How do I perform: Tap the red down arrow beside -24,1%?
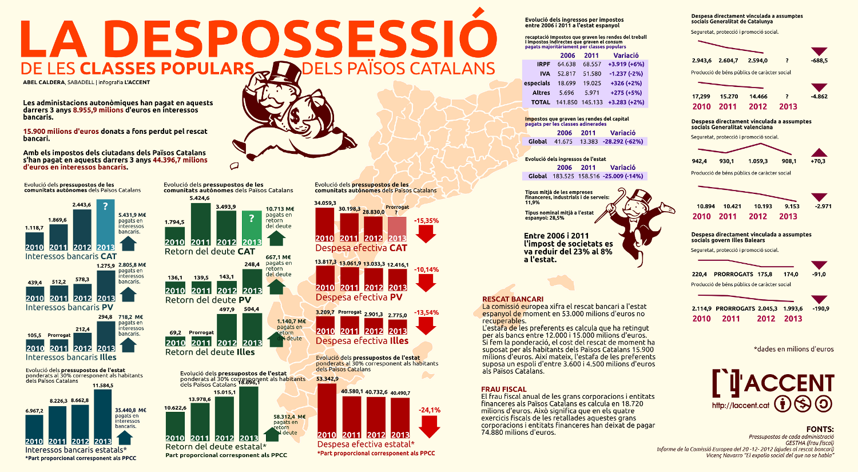pos(429,426)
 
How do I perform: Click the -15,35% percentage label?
pos(426,220)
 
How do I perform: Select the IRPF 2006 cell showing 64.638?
pos(566,65)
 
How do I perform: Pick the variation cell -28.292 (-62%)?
pos(623,141)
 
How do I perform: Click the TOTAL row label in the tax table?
pos(540,102)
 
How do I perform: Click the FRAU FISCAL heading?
pos(503,390)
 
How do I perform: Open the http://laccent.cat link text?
pos(741,406)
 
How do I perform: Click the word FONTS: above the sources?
pos(820,429)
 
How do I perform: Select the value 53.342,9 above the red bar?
pos(327,379)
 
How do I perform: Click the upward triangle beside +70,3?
pos(819,153)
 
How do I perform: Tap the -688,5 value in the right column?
pos(819,61)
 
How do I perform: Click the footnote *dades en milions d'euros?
pos(793,349)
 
